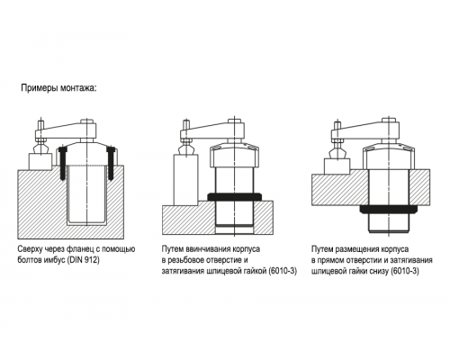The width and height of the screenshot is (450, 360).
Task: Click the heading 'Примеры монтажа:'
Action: pyautogui.click(x=58, y=88)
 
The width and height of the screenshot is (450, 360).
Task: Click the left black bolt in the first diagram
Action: pyautogui.click(x=63, y=163)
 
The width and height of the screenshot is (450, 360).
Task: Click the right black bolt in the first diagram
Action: pyautogui.click(x=112, y=163)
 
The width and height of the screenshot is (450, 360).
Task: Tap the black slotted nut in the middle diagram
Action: pyautogui.click(x=234, y=197)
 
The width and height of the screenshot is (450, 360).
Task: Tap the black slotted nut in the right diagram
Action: pyautogui.click(x=389, y=210)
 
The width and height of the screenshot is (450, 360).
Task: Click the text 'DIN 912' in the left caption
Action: pyautogui.click(x=83, y=260)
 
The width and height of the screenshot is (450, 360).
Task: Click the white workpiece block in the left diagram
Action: pyautogui.click(x=40, y=161)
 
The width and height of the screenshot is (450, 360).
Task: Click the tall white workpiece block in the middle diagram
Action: pyautogui.click(x=185, y=180)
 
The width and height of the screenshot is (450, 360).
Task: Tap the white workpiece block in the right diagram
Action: pyautogui.click(x=337, y=166)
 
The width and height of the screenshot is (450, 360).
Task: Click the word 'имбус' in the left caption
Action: pyautogui.click(x=49, y=260)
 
